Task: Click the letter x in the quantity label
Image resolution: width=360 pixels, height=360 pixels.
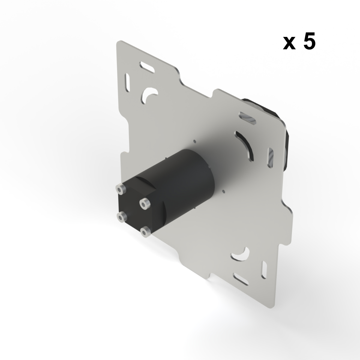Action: [x=288, y=44]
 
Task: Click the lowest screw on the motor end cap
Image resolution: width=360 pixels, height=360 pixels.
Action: [x=145, y=232]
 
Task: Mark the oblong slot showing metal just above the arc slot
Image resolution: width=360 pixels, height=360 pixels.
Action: [x=247, y=118]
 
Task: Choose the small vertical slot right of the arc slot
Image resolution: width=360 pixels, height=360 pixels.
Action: [x=271, y=157]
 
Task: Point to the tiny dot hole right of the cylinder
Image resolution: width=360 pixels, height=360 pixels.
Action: [x=223, y=190]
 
